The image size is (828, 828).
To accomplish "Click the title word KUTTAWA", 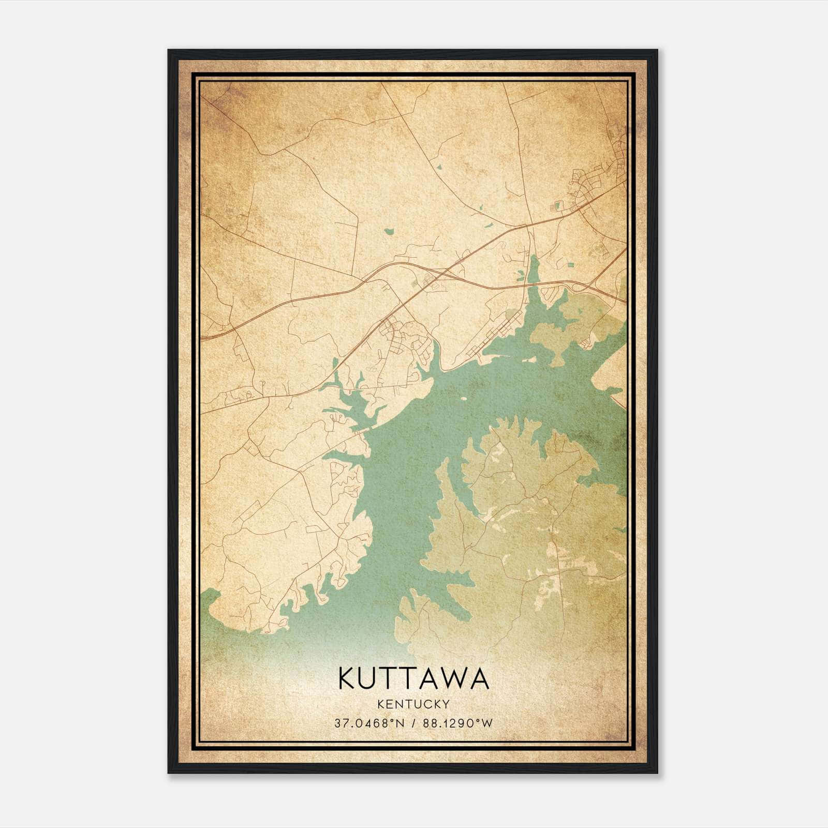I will coord(413,678).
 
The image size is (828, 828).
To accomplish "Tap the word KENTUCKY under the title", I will coord(413,704).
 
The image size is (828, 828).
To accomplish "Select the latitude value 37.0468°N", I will coord(368,723).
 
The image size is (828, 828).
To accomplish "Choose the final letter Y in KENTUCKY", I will coord(446,704).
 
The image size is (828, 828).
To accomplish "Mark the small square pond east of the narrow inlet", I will coord(570,265).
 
